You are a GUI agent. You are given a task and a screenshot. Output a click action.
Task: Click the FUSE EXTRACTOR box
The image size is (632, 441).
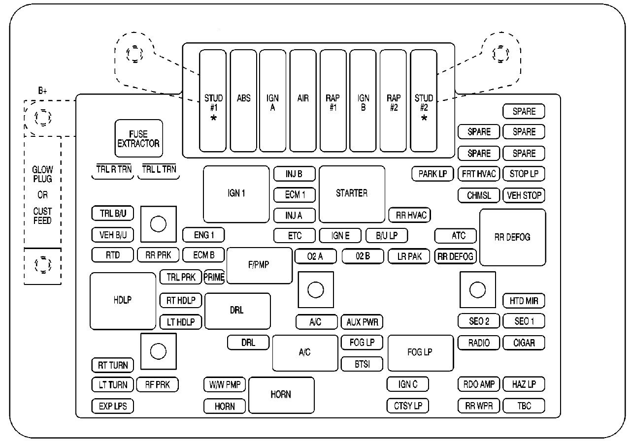pyautogui.click(x=138, y=138)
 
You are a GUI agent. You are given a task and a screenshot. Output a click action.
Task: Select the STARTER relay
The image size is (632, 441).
pyautogui.click(x=352, y=194)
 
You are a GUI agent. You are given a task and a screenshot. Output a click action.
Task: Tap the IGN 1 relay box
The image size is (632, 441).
pyautogui.click(x=236, y=194)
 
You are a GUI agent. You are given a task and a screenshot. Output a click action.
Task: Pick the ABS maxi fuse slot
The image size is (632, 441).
pyautogui.click(x=243, y=101)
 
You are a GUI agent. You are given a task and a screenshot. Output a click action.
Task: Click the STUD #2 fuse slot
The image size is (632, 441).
pyautogui.click(x=424, y=101)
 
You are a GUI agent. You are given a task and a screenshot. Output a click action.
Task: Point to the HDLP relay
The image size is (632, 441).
pyautogui.click(x=123, y=301)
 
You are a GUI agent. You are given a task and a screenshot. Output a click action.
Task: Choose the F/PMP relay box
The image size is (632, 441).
pyautogui.click(x=259, y=265)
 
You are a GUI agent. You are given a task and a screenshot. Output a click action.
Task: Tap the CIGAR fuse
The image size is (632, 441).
pyautogui.click(x=524, y=343)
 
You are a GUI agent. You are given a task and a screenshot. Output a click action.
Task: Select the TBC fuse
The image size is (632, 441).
pyautogui.click(x=524, y=406)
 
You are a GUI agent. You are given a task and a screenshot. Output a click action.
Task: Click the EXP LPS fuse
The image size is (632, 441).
pyautogui.click(x=113, y=406)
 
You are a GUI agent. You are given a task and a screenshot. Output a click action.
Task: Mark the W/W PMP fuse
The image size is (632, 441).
pyautogui.click(x=225, y=384)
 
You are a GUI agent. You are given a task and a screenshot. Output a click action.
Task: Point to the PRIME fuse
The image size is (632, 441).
pyautogui.click(x=214, y=277)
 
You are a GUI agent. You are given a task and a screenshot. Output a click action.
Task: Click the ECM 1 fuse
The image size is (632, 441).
pyautogui.click(x=295, y=195)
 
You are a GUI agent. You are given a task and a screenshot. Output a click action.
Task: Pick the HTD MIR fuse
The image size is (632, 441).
pyautogui.click(x=524, y=301)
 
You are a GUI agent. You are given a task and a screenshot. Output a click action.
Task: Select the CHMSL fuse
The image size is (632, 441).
pyautogui.click(x=479, y=195)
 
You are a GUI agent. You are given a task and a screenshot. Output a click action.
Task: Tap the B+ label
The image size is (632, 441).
pyautogui.click(x=42, y=91)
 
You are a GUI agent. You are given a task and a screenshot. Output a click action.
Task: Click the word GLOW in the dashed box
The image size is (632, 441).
pyautogui.click(x=42, y=170)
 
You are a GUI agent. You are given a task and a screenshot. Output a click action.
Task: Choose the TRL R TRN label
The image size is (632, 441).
pyautogui.click(x=114, y=169)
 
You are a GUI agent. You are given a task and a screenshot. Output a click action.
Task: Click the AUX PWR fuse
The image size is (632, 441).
pyautogui.click(x=362, y=322)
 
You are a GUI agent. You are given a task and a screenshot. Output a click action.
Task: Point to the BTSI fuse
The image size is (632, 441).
pyautogui.click(x=362, y=364)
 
